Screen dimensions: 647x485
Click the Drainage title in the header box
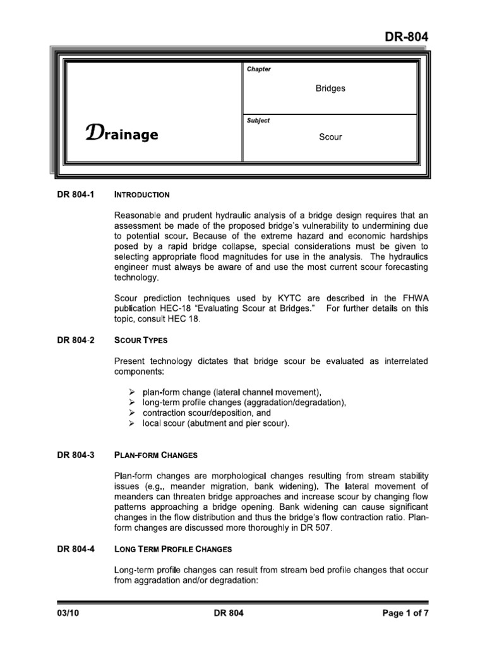121,135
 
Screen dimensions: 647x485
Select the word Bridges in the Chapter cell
330,88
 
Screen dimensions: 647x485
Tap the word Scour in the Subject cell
330,136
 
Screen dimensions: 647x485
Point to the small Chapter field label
259,70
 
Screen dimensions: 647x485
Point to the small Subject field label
258,120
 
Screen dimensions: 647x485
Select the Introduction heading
141,195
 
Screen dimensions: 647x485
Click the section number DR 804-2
75,340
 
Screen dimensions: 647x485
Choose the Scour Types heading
140,341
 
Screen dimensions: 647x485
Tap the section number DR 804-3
75,455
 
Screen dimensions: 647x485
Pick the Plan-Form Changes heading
155,456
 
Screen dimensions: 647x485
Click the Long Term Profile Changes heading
173,549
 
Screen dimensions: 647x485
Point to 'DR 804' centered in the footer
228,613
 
